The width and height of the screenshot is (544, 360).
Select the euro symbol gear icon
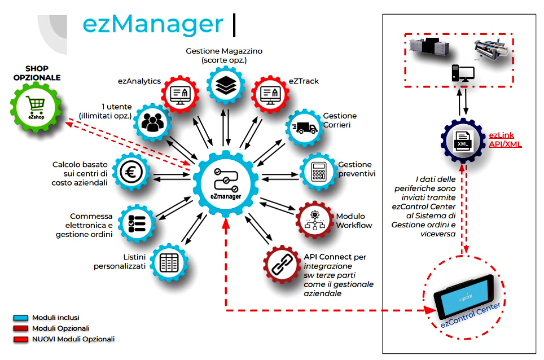132,172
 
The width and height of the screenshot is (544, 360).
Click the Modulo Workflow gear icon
315,219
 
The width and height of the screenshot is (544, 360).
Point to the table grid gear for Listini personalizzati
168,263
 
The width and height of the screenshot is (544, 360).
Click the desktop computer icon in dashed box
462,73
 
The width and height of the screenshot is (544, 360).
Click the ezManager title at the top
152,24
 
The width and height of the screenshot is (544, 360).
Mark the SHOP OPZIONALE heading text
37,73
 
